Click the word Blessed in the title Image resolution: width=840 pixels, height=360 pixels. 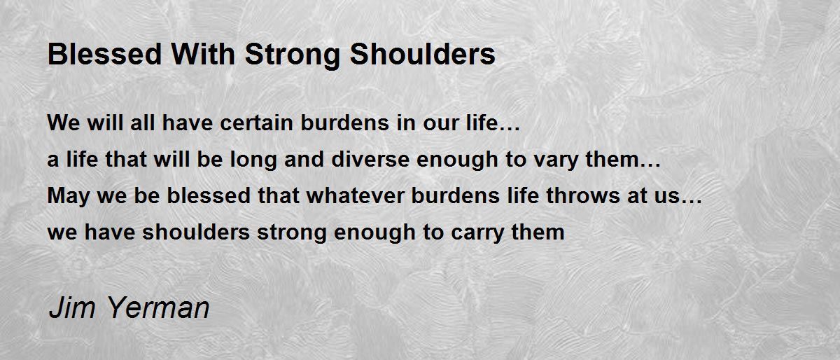(x=104, y=54)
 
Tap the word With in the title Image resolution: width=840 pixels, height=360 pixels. (x=203, y=54)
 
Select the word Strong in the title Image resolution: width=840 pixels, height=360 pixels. (x=292, y=56)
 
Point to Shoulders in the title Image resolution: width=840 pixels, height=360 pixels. (x=422, y=54)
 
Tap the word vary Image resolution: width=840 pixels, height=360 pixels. (x=556, y=160)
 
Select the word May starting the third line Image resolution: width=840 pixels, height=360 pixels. (x=69, y=197)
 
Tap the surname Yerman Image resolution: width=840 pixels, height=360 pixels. (x=158, y=307)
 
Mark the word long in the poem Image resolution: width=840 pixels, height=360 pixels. (x=253, y=160)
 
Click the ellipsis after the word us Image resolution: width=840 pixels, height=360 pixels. (x=692, y=202)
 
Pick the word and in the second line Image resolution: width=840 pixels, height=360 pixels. (x=304, y=159)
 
